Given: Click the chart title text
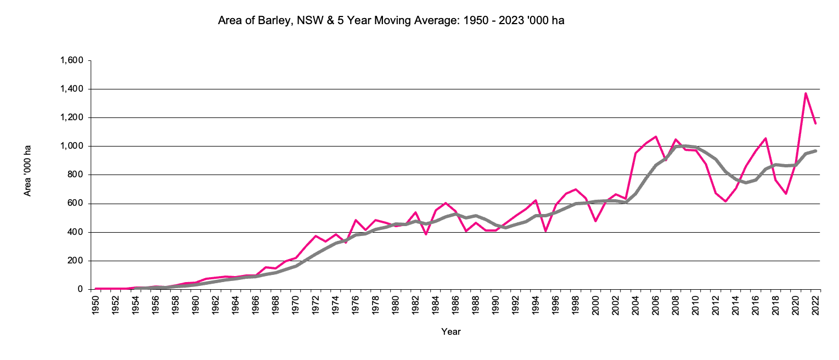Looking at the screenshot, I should pos(391,21).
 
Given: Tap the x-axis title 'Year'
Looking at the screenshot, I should pos(451,331).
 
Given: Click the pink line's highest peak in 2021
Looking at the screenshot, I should pos(806,93).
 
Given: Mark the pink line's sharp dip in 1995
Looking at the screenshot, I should pos(545,231).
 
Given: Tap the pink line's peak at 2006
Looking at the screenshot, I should pos(655,137).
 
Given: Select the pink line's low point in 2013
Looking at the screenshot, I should pos(725,201).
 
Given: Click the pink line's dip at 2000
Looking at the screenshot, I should pos(595,221).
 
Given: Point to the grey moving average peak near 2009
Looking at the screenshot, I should pos(685,145).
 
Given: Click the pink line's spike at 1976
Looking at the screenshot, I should pos(356,220).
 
